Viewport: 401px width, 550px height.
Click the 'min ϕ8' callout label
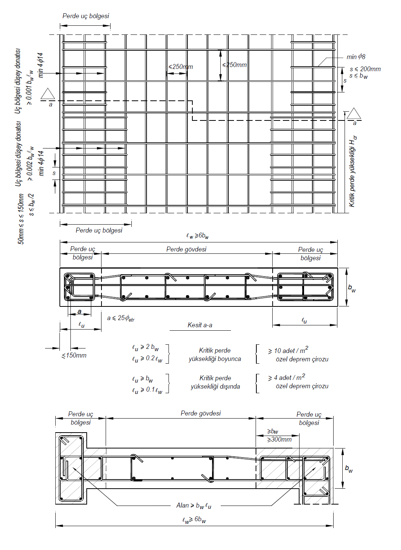[356, 57]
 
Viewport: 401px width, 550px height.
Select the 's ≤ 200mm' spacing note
[365, 69]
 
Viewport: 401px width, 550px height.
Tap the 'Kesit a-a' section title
[200, 325]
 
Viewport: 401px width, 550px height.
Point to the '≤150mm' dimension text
[74, 355]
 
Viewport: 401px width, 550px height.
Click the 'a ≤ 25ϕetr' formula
[121, 318]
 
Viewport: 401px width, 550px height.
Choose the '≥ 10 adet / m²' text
[288, 350]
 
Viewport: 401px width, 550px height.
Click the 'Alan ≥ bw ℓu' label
[193, 505]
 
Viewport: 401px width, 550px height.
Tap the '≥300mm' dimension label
[279, 439]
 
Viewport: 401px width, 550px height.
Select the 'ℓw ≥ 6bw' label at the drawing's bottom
[194, 520]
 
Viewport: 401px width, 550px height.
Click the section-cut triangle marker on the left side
[48, 94]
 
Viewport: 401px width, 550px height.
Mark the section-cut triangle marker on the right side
[354, 114]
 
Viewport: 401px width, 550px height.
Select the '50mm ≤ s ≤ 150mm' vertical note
[21, 219]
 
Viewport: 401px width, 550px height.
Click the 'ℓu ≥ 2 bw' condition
[145, 347]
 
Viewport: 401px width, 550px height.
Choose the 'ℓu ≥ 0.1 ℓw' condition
[147, 390]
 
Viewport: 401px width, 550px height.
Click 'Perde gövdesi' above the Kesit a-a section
[186, 249]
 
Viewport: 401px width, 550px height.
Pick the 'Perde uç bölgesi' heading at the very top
[86, 16]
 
